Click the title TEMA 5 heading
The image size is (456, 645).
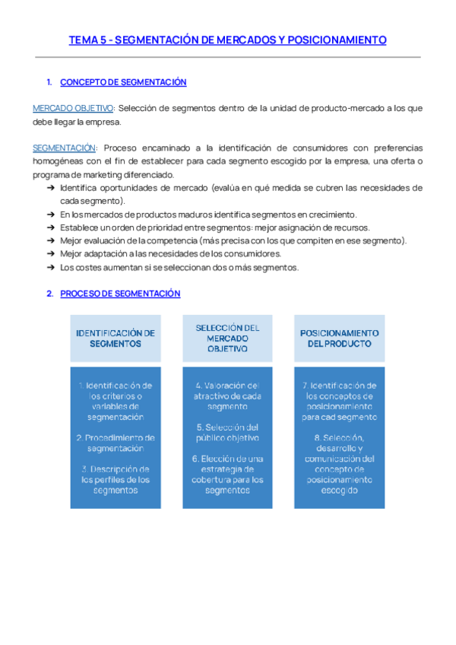click(227, 40)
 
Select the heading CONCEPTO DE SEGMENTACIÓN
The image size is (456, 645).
click(122, 82)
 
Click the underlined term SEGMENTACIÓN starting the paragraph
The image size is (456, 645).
click(65, 148)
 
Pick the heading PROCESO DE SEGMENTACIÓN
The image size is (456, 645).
click(120, 294)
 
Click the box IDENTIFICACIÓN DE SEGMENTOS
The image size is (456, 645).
click(116, 338)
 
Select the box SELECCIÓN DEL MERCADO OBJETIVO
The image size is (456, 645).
click(227, 338)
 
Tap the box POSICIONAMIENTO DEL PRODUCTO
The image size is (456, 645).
click(340, 338)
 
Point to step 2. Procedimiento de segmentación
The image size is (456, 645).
click(116, 443)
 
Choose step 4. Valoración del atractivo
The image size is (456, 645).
click(227, 396)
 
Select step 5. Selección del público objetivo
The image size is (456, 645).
click(227, 432)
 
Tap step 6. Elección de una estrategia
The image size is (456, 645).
click(227, 469)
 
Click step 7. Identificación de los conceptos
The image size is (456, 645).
click(340, 401)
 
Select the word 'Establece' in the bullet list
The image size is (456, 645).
click(79, 227)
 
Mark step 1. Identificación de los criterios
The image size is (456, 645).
click(116, 401)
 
